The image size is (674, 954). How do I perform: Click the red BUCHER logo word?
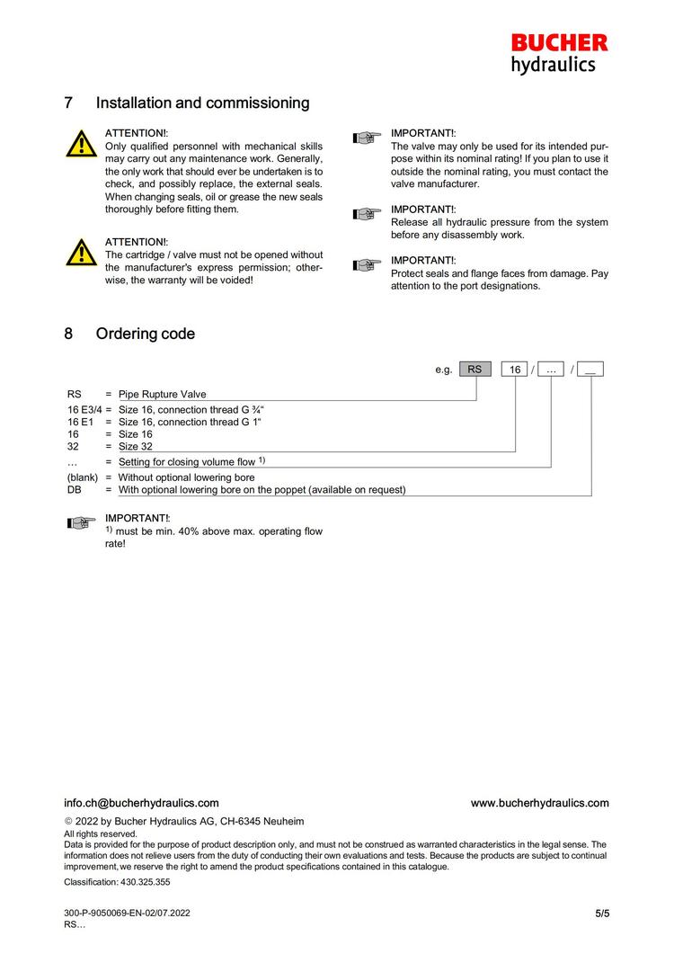(x=559, y=42)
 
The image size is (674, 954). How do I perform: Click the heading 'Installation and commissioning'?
(x=202, y=103)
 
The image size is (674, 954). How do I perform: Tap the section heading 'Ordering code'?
(x=145, y=334)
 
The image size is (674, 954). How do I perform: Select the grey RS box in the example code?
(x=475, y=370)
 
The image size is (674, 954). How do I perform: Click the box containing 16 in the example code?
(x=515, y=370)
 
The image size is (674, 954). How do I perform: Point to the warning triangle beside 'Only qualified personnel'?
(x=81, y=143)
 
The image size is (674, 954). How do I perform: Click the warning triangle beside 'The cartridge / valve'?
(x=81, y=253)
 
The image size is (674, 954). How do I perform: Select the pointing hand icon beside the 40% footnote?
(x=81, y=523)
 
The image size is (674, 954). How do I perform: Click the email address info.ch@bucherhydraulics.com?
(x=141, y=803)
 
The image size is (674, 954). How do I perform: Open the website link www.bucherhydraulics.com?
(x=539, y=803)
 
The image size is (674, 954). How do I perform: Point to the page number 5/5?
(x=601, y=914)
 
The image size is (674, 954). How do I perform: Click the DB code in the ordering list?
(x=75, y=490)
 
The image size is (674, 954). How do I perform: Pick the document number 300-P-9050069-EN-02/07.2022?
(x=127, y=914)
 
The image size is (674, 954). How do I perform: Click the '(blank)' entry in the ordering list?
(x=83, y=477)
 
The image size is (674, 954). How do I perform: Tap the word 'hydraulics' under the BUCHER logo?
(x=553, y=64)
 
